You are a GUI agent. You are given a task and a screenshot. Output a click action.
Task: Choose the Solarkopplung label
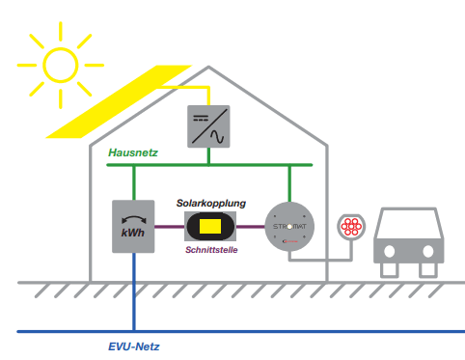click(210, 204)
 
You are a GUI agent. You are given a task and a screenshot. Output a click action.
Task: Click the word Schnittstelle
click(209, 250)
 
